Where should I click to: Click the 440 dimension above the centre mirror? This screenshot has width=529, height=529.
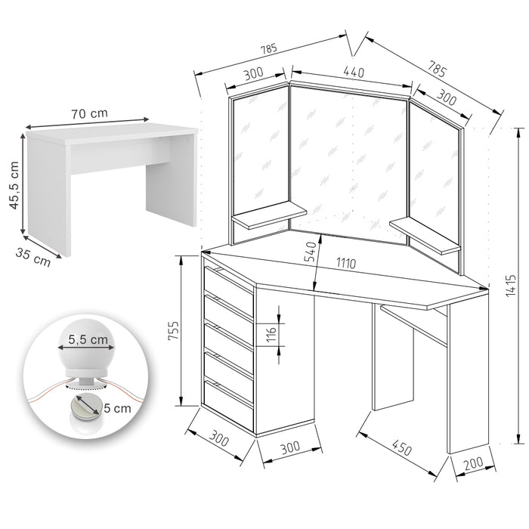(x=354, y=73)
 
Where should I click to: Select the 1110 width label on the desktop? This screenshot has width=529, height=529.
(x=347, y=264)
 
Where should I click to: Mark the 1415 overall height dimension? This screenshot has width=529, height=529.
(x=511, y=285)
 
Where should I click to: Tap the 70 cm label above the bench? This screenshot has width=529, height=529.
(x=89, y=113)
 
